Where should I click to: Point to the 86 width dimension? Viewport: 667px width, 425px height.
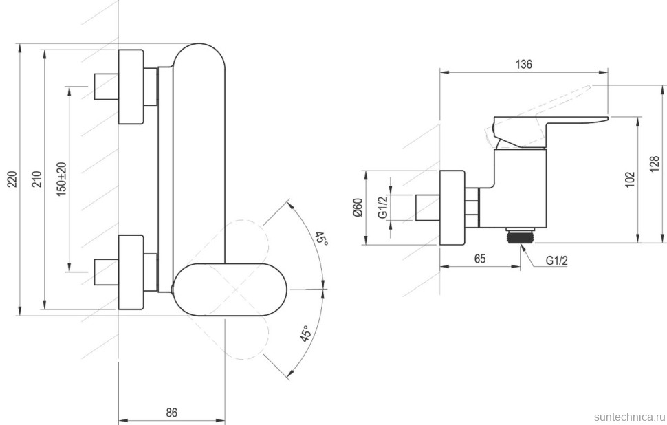pos(172,413)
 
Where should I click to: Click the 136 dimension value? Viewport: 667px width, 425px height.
pos(523,65)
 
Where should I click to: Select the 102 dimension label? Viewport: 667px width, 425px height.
pos(631,179)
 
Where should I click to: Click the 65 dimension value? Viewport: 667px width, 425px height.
pos(480,259)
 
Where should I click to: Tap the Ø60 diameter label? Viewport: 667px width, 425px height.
pos(357,207)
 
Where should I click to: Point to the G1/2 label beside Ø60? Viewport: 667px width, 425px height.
pos(383,207)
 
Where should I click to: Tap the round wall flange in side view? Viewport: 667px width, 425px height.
pos(452,207)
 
